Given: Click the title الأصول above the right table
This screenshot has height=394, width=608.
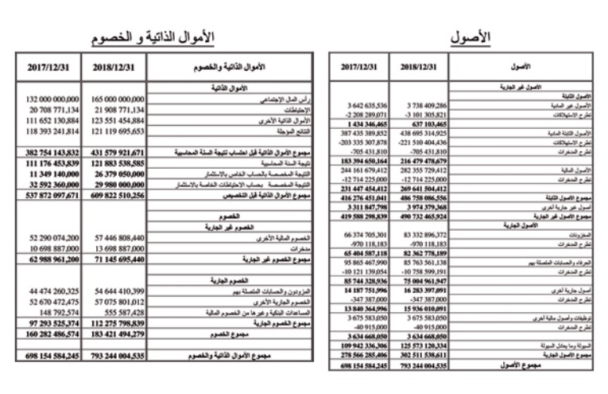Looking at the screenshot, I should (x=471, y=37).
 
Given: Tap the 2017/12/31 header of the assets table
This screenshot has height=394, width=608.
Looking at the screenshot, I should (x=362, y=68).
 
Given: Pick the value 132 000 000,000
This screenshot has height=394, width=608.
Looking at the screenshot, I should (x=50, y=98).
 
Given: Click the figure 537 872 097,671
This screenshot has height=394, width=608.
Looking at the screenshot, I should (x=50, y=195).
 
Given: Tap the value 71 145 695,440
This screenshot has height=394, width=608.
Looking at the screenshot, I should (x=120, y=259).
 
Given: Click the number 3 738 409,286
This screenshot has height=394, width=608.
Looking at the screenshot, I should (x=428, y=105).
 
